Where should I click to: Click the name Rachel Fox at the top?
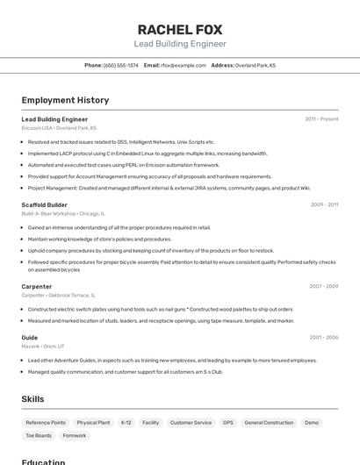tap(180, 28)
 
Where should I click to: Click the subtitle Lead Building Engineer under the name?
tap(180, 44)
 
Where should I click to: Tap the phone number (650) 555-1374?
tap(121, 65)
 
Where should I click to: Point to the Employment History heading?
tap(65, 100)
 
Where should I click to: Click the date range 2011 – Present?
tap(321, 119)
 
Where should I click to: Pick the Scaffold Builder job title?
tap(44, 204)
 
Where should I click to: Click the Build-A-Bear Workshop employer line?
tap(63, 213)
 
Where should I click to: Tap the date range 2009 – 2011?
tap(324, 204)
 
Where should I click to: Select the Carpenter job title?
tap(37, 286)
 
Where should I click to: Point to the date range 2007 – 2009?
tap(323, 286)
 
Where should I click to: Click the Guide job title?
tap(30, 337)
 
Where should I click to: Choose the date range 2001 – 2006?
tap(323, 337)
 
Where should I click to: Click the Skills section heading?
tap(32, 399)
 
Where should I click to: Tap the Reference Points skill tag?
tap(46, 423)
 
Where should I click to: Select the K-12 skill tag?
tap(126, 423)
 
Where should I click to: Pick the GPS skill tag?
tap(228, 423)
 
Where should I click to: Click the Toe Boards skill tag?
tap(39, 435)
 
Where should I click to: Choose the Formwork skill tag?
tap(75, 435)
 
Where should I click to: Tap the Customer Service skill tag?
tap(191, 423)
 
